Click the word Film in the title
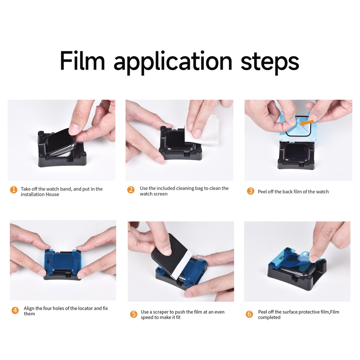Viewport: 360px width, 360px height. click(x=82, y=61)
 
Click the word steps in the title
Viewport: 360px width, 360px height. click(x=270, y=62)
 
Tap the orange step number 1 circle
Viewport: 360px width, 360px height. click(x=13, y=190)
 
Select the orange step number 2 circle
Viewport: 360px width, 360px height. click(x=131, y=190)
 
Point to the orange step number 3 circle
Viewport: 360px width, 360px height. click(x=250, y=191)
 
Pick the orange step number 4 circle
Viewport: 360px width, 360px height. click(x=15, y=310)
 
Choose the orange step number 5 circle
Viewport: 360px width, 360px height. click(x=134, y=314)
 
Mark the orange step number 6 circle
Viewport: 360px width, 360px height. click(x=249, y=314)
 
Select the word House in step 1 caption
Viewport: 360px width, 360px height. click(x=52, y=194)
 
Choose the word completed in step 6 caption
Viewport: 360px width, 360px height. click(x=269, y=317)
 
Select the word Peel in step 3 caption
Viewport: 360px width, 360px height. click(x=262, y=192)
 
